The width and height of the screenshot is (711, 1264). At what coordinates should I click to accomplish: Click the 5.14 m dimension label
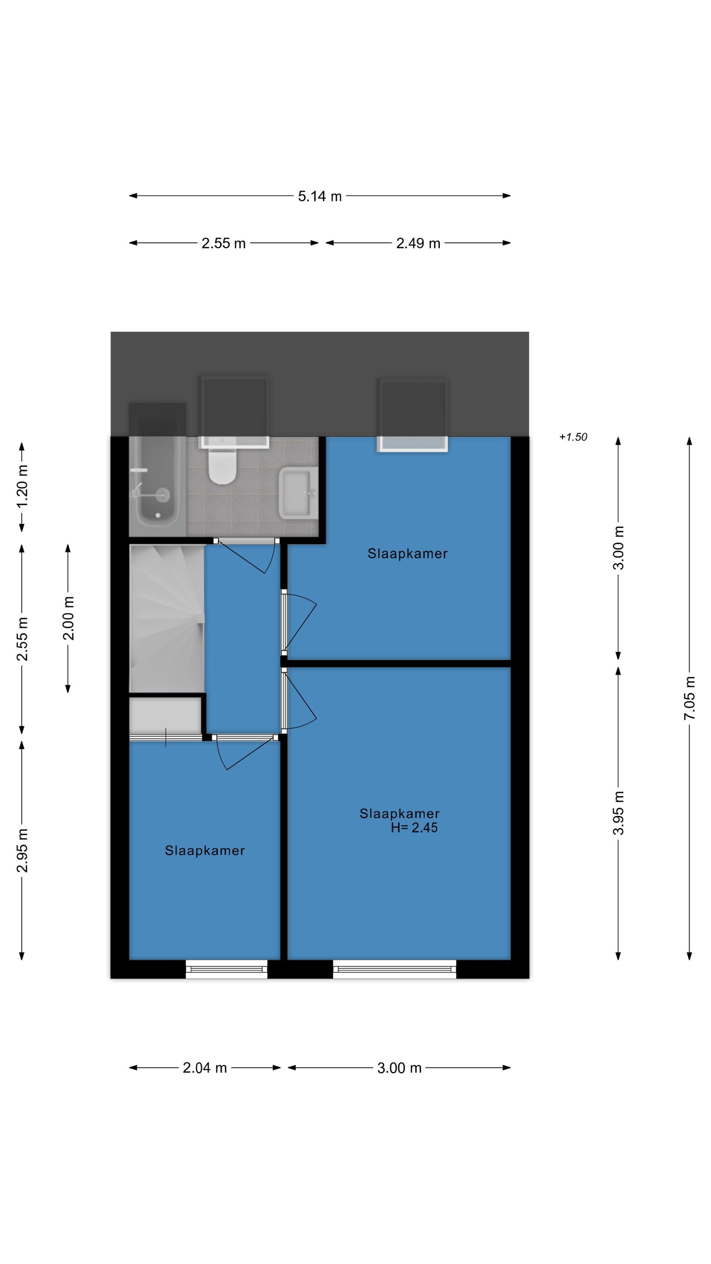point(320,196)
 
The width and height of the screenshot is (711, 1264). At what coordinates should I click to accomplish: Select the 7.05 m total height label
point(689,698)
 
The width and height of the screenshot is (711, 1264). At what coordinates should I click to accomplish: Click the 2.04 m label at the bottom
point(205,1068)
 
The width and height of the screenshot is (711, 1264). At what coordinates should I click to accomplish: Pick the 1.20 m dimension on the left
point(22,487)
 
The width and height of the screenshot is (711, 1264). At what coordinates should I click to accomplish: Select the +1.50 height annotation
point(573,437)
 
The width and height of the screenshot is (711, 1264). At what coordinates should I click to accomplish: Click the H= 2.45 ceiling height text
point(414,828)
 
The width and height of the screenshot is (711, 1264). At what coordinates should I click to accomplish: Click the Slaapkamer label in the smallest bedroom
point(205,851)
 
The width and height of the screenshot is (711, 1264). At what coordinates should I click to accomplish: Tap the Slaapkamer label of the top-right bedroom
point(407,554)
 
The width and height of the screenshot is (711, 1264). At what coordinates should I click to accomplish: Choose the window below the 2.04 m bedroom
point(227,969)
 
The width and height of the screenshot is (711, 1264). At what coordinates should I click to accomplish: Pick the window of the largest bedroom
point(395,969)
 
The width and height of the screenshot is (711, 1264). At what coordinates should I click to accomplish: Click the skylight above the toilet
point(234,412)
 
